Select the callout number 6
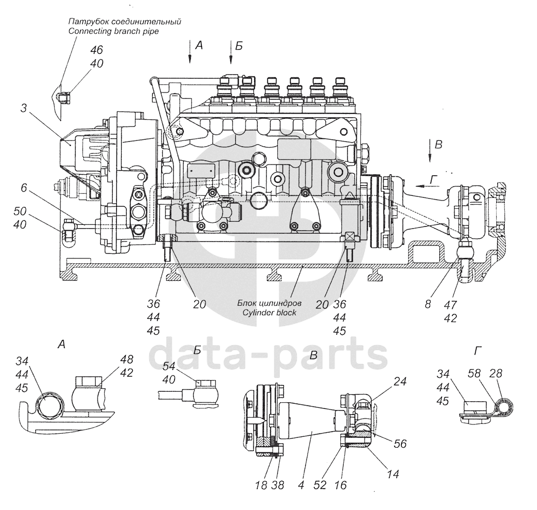pyautogui.click(x=24, y=190)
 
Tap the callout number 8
pyautogui.click(x=428, y=305)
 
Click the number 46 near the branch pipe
pyautogui.click(x=96, y=50)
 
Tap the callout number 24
pyautogui.click(x=399, y=381)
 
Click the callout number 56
pyautogui.click(x=399, y=444)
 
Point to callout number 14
pyautogui.click(x=392, y=473)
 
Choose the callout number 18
pyautogui.click(x=261, y=486)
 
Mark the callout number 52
pyautogui.click(x=321, y=486)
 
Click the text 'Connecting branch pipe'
pyautogui.click(x=113, y=31)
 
